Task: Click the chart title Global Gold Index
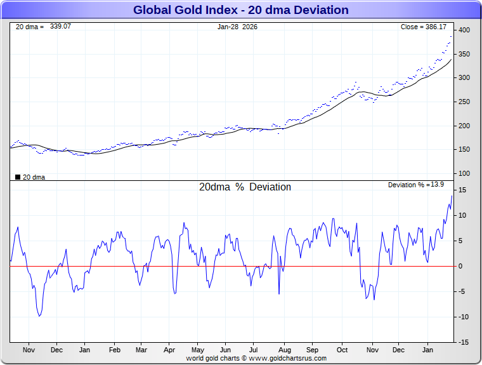click(240, 10)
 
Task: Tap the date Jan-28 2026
click(238, 27)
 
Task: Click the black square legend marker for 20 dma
click(18, 177)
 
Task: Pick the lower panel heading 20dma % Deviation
click(245, 187)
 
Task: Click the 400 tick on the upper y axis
click(464, 30)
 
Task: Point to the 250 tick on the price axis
click(464, 102)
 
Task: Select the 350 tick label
click(464, 55)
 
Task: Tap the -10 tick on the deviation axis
click(463, 317)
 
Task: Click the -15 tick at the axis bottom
click(463, 342)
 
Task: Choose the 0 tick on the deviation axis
click(461, 266)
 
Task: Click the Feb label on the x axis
click(115, 350)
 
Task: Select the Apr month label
click(169, 350)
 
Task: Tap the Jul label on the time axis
click(254, 350)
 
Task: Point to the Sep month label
click(313, 350)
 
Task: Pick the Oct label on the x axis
click(342, 350)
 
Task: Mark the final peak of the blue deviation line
click(452, 196)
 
